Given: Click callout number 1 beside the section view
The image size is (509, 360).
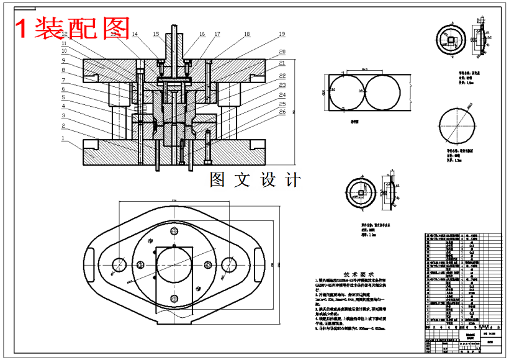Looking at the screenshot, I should coord(63,139).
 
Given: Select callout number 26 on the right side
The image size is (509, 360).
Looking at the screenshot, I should coord(282,113).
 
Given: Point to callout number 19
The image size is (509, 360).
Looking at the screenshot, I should coord(282,34).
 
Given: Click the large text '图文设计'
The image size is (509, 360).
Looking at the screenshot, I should coord(255,180).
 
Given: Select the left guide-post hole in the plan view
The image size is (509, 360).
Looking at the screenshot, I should coord(119,265).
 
